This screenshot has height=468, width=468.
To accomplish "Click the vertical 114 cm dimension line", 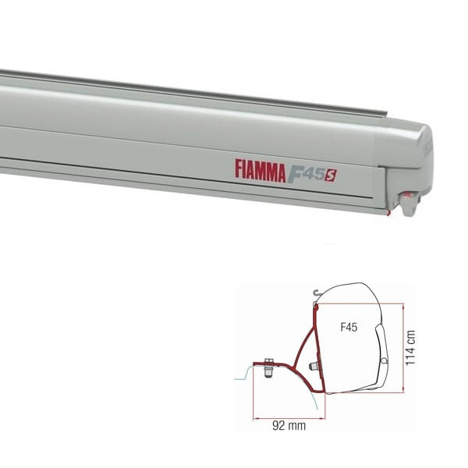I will (x=402, y=347).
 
